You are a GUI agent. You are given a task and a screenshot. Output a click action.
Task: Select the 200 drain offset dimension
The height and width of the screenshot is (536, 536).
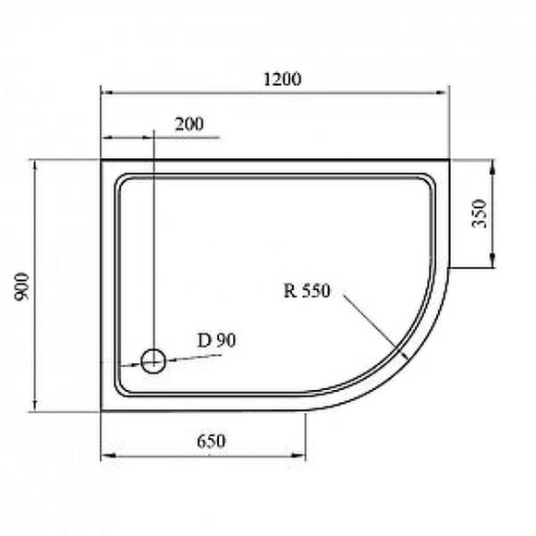(x=189, y=124)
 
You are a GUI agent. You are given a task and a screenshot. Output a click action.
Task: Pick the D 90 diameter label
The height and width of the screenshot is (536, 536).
(x=217, y=340)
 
